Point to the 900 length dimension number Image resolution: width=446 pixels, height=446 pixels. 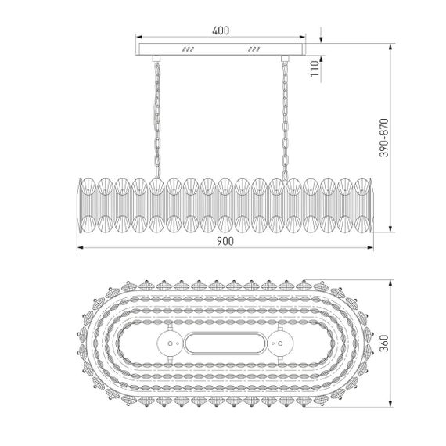click(225, 241)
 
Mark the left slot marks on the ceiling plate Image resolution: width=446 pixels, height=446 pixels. click(188, 48)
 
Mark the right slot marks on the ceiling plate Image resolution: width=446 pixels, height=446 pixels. click(254, 48)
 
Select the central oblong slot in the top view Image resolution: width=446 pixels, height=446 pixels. click(224, 342)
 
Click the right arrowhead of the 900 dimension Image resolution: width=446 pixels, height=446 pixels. click(369, 249)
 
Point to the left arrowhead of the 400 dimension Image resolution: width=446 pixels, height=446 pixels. click(139, 37)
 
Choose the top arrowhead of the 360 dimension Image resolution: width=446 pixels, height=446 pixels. click(390, 278)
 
